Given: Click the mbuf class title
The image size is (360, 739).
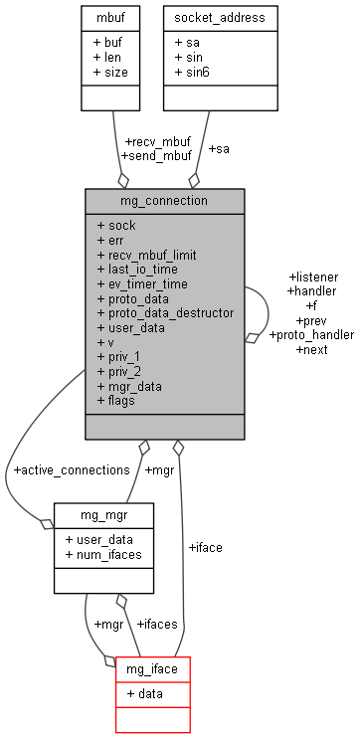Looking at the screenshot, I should click(109, 18).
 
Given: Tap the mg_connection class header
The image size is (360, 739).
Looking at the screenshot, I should click(164, 200).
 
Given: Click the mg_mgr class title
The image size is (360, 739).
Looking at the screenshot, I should click(103, 514).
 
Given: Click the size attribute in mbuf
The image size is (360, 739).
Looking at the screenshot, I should click(109, 72).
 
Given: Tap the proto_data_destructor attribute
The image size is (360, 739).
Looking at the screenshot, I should click(165, 312).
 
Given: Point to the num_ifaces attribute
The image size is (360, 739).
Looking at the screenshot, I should click(103, 553).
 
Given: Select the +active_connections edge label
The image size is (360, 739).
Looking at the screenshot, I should click(71, 468).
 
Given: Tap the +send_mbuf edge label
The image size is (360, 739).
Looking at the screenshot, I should click(155, 156).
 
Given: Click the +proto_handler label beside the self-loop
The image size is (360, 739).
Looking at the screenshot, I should click(311, 335).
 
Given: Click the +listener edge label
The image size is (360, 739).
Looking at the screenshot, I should click(312, 276).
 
